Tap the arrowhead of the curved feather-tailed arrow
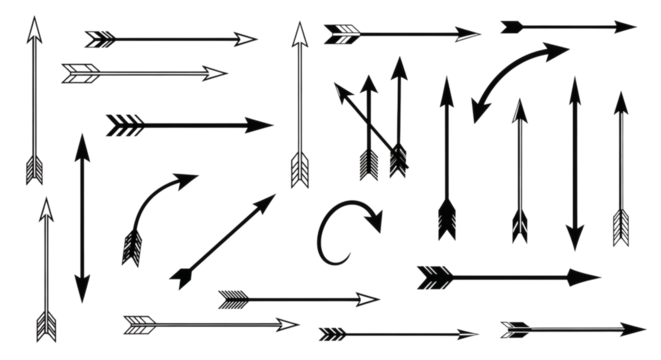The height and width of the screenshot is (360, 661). [x=186, y=180]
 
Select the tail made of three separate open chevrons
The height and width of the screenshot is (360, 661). [x=120, y=125]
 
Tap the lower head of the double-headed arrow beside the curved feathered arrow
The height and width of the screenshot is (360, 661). [x=82, y=282]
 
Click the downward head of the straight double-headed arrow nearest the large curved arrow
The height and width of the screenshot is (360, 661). [x=574, y=240]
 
